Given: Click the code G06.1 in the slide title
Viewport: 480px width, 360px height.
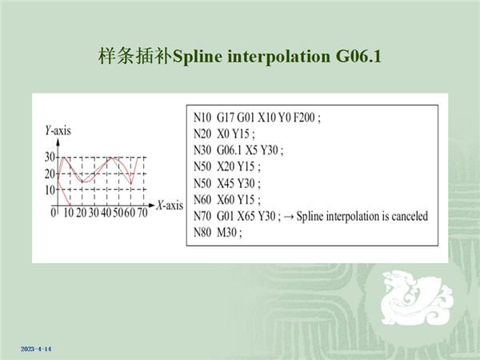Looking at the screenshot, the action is [358, 56].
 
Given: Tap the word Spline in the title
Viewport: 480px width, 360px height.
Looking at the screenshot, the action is [197, 57].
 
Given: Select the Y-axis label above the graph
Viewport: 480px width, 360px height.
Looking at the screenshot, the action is [58, 130].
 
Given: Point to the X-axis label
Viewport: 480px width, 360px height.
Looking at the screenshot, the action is [170, 205].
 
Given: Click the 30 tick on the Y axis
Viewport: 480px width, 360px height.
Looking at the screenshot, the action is [50, 157].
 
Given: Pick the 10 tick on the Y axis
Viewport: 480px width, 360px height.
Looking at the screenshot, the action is [50, 190].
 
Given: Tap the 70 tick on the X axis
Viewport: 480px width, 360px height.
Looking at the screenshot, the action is [142, 213].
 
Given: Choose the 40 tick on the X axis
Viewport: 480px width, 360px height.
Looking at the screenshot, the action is [106, 213].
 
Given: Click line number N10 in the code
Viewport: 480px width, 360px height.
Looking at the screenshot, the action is [202, 118].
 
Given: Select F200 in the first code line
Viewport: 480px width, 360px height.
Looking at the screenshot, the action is [304, 118].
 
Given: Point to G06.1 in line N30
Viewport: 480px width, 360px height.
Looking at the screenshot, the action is [230, 150].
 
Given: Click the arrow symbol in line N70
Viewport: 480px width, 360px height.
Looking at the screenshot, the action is [289, 217].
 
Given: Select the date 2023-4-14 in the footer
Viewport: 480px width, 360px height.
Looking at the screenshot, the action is [36, 349].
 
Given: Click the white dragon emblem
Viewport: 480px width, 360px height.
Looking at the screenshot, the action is [416, 298].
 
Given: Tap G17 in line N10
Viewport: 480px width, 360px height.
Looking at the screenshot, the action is [226, 118].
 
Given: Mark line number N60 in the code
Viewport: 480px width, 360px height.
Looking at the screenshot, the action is [202, 200].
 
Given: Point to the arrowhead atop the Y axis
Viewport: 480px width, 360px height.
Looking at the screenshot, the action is [58, 142].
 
